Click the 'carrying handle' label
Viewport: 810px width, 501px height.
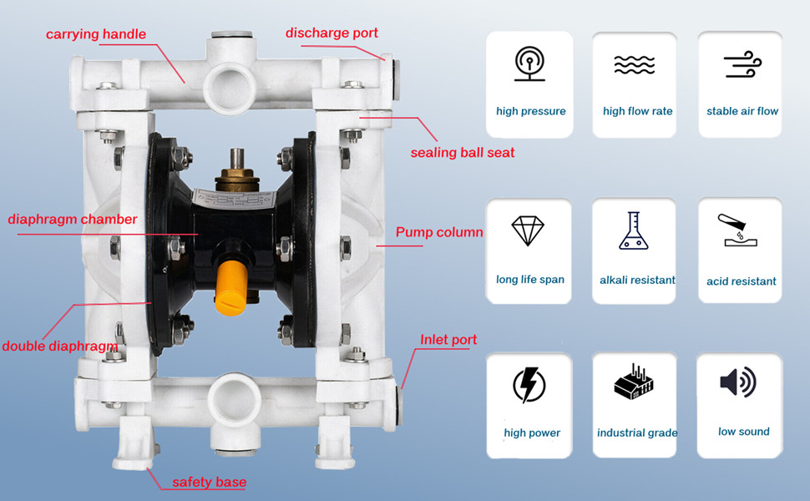point(96,34)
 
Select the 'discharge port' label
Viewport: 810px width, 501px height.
point(332,33)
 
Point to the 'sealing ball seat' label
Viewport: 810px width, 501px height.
point(462,153)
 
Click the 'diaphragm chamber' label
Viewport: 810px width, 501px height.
point(73,220)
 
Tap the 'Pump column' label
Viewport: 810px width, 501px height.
point(439,232)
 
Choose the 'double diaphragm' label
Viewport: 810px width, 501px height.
point(58,346)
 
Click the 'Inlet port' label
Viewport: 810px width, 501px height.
point(448,340)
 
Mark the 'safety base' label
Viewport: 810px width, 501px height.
point(209,482)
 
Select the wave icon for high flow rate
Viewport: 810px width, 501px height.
point(635,64)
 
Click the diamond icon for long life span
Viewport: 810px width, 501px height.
point(528,230)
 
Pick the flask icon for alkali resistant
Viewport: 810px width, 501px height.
point(635,230)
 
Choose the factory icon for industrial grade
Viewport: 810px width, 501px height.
point(635,384)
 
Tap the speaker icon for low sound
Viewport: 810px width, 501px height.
point(738,382)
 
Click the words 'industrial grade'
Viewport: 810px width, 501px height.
point(637,433)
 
